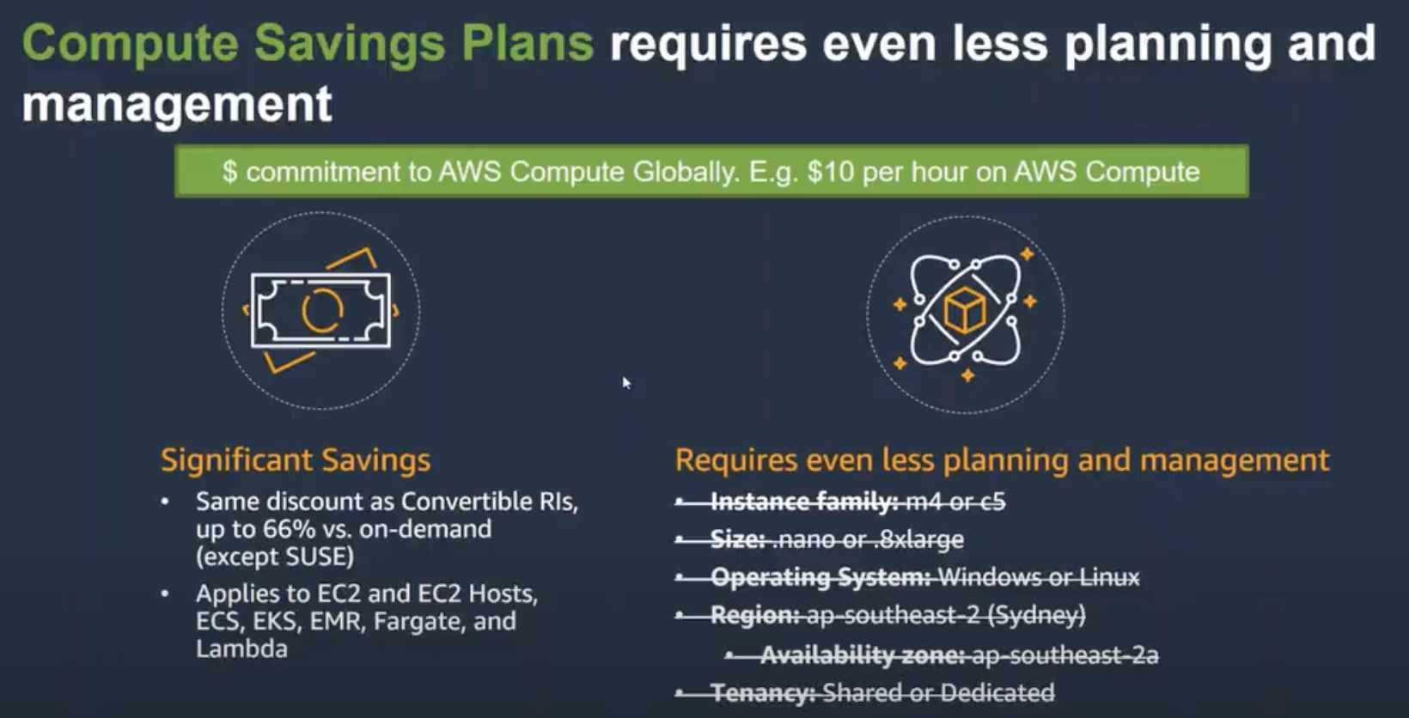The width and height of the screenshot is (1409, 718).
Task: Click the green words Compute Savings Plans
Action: coord(308,44)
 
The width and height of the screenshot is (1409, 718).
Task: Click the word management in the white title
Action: coord(177,104)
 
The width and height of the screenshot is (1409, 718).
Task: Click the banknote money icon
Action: coord(320,311)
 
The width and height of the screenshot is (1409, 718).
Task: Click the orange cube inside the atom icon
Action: coord(964,310)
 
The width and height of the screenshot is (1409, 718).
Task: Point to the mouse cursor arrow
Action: coord(626,383)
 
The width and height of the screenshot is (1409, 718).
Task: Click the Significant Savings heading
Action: coord(296,460)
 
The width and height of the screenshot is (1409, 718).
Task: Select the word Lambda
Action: coord(241,648)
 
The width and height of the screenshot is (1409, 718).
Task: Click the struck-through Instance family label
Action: coord(804,502)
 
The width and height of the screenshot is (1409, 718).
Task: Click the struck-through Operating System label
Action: coord(820,577)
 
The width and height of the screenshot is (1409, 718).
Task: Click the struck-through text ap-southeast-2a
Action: coord(1065,655)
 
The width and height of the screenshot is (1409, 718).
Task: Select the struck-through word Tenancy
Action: coord(763,693)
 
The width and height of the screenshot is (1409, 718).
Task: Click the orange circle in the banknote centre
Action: coord(323,311)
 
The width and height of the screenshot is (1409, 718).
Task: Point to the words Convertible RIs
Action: coord(490,502)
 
